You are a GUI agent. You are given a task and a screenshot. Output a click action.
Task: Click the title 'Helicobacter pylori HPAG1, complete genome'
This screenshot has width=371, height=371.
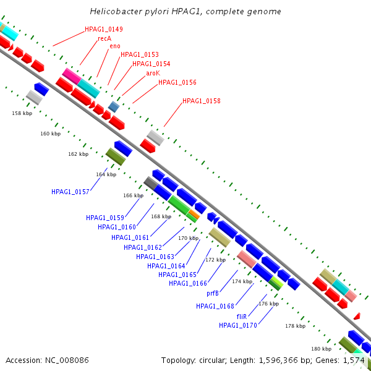[185, 12]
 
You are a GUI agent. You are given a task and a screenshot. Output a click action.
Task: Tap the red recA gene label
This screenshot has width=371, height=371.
[104, 38]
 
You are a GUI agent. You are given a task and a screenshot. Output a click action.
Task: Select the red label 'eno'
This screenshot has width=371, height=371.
[115, 46]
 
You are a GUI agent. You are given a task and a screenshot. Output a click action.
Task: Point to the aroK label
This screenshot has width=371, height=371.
[153, 73]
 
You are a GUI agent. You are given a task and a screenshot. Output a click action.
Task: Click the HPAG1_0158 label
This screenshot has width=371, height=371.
[202, 101]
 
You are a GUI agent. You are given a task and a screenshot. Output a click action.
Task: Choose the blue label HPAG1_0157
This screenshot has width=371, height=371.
[70, 192]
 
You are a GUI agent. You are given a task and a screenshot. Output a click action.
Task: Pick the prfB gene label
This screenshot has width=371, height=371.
[213, 293]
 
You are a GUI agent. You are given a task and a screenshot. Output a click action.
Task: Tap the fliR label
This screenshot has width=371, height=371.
[242, 317]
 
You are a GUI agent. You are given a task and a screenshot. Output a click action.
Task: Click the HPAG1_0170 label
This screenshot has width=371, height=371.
[238, 326]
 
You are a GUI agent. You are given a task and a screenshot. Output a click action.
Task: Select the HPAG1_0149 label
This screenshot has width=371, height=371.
[104, 29]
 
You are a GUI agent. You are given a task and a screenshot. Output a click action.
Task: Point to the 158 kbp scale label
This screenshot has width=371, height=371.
[22, 113]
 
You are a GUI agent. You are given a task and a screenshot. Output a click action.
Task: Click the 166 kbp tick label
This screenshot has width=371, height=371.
[133, 195]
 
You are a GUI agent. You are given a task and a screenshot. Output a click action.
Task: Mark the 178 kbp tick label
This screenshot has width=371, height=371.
[296, 326]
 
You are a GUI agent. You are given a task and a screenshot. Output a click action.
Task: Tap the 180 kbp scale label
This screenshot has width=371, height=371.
[322, 349]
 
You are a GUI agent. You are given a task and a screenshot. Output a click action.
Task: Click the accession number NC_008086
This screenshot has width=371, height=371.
[67, 360]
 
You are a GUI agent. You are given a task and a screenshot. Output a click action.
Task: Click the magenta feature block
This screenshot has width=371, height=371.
[72, 76]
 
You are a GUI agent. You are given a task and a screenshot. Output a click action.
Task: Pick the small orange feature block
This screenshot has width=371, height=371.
[194, 214]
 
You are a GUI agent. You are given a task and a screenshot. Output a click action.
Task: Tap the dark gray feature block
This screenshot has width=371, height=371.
[151, 183]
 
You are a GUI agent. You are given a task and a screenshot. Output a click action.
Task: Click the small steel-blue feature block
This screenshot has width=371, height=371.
[114, 107]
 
